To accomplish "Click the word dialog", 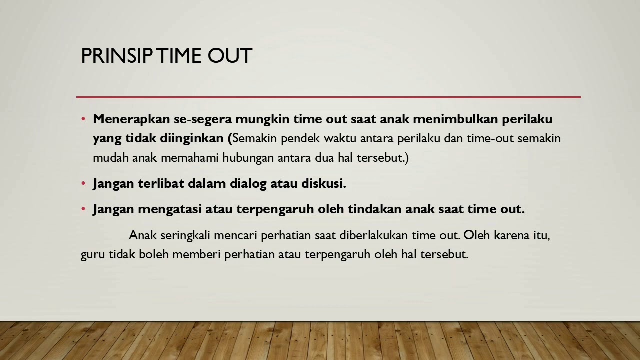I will pos(248,184).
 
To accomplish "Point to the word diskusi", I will pos(323,184).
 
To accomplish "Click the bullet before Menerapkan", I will pos(83,119).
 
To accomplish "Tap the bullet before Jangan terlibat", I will pos(83,184).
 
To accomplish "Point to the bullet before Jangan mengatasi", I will pos(83,209).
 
